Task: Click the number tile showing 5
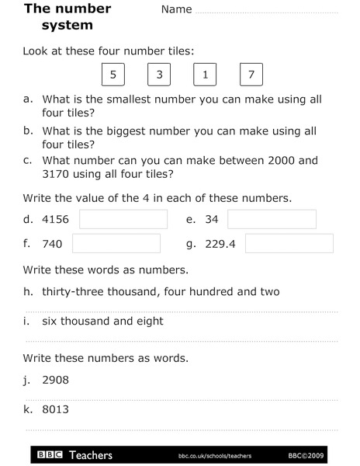point(113,75)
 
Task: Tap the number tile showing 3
point(159,75)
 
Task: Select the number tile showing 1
point(205,75)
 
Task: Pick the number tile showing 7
point(251,75)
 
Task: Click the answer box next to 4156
point(123,219)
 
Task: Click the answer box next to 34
point(272,219)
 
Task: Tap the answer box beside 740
point(116,244)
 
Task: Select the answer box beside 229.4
point(289,244)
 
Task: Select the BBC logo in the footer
point(50,454)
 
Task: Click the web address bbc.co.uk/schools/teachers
point(214,455)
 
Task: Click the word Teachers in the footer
point(91,454)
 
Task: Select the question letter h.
point(27,291)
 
